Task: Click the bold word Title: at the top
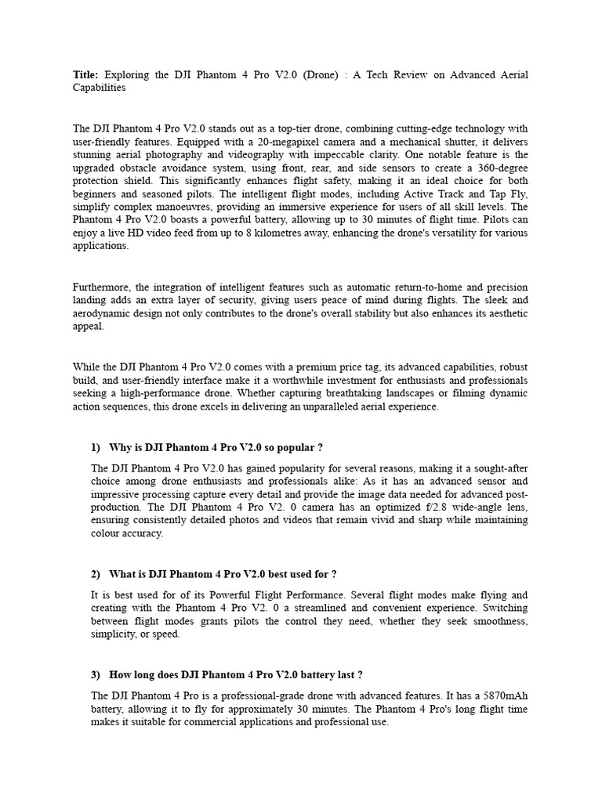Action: (86, 75)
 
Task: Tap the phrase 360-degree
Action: (502, 168)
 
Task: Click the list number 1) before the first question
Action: (96, 447)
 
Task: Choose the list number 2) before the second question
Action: (96, 574)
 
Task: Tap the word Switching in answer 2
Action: (505, 608)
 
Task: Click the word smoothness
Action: (499, 621)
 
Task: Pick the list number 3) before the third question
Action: (96, 674)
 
